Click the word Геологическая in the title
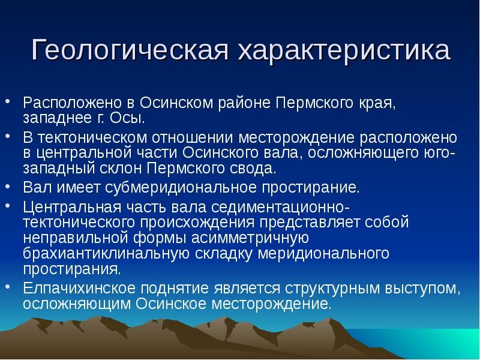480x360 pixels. click(x=130, y=50)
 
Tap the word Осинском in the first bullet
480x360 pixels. click(x=176, y=103)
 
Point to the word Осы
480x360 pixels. click(x=127, y=118)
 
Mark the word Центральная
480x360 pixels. click(x=72, y=207)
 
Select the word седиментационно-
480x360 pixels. click(x=280, y=207)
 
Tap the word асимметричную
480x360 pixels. click(x=250, y=238)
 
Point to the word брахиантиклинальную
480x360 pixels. click(x=106, y=254)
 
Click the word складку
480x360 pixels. click(x=223, y=254)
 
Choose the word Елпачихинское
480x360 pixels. click(x=79, y=289)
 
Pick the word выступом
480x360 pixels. click(x=423, y=289)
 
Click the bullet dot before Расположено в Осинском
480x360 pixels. click(x=8, y=100)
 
